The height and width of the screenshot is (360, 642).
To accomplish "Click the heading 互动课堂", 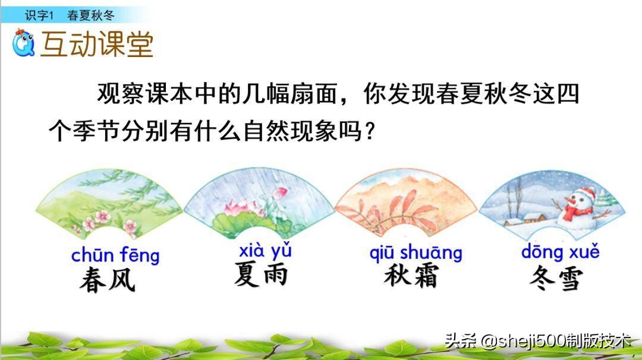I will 97,44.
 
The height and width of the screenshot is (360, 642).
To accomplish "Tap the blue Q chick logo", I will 24,43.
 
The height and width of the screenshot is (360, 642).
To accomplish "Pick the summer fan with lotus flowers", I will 259,205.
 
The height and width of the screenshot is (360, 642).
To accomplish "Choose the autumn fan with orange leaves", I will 407,205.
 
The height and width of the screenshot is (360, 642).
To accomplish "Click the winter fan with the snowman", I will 553,205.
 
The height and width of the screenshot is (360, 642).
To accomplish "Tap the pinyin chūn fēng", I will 115,255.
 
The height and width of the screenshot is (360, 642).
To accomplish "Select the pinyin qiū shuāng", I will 416,252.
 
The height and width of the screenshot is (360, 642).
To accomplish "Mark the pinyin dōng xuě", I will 560,252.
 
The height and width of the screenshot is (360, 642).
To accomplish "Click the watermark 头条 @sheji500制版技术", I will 538,340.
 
